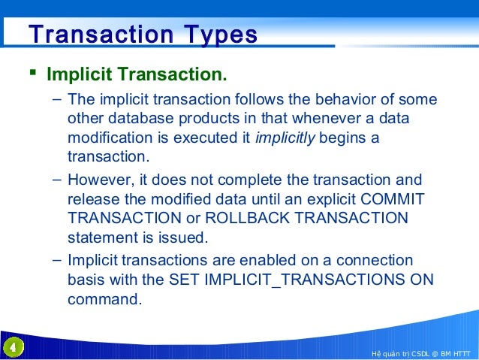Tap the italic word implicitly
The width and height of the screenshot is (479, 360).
coord(285,138)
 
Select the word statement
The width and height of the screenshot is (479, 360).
coord(101,238)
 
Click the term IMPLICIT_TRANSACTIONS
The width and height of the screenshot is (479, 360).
coord(304,280)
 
